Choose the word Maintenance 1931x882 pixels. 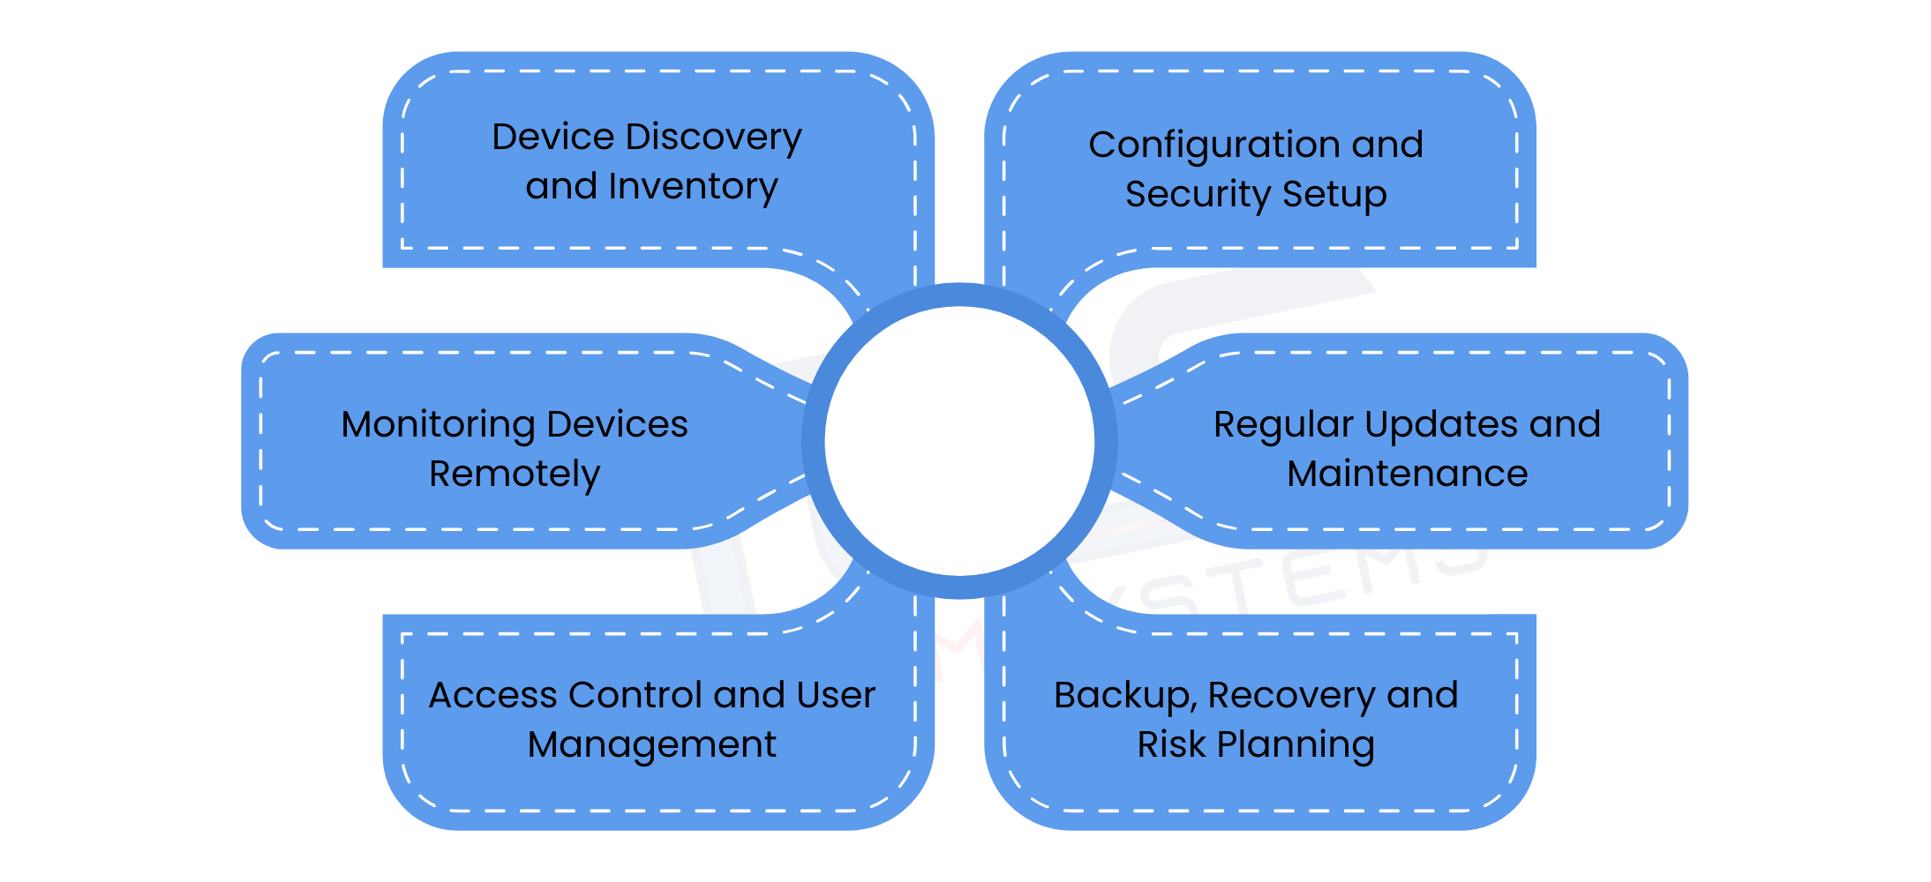click(1407, 475)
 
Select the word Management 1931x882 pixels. click(651, 745)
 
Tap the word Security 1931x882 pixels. click(1198, 195)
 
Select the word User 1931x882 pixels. click(835, 696)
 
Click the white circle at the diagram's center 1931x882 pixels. click(959, 441)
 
